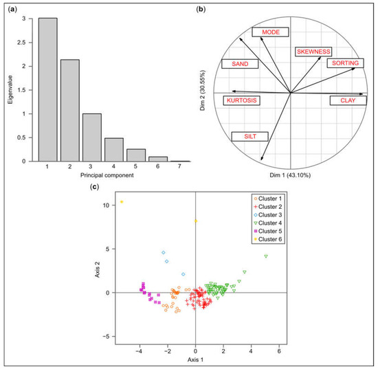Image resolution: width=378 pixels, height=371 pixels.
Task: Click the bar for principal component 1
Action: [47, 90]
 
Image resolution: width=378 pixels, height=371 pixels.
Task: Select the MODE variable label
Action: [270, 32]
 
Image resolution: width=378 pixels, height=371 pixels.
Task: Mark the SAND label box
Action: [240, 64]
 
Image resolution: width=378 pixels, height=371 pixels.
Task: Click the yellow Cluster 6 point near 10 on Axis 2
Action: [122, 202]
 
